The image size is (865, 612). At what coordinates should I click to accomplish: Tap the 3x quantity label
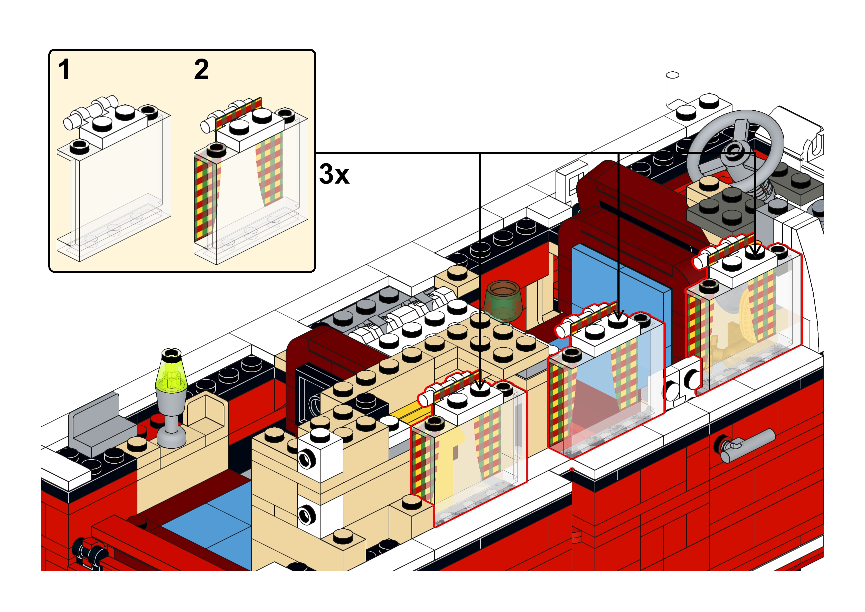pyautogui.click(x=334, y=174)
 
